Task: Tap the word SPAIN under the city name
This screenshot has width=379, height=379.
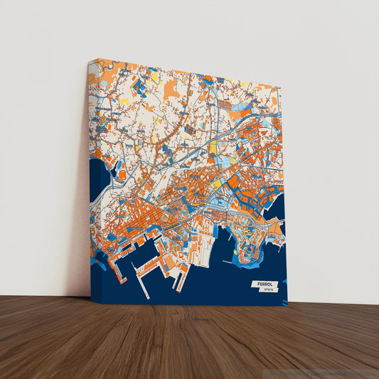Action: (x=268, y=290)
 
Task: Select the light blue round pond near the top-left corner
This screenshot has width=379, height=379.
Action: (x=105, y=83)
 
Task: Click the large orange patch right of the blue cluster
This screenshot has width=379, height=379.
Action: (x=171, y=90)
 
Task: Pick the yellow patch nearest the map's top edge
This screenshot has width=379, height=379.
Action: (x=154, y=75)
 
